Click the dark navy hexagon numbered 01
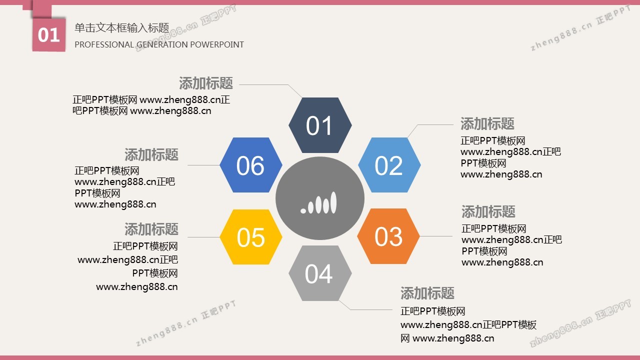(x=320, y=125)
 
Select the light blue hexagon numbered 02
(x=389, y=165)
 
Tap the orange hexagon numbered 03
(x=388, y=236)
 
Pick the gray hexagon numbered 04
(x=320, y=273)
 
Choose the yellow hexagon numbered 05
(x=251, y=237)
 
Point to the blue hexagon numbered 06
(x=251, y=165)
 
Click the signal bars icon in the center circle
(x=318, y=203)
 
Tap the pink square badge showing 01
(x=49, y=35)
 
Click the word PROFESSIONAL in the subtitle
(x=104, y=45)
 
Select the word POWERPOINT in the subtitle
(x=217, y=45)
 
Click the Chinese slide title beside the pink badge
(x=122, y=28)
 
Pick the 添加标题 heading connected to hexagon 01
(x=206, y=83)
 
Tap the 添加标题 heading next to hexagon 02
(x=487, y=123)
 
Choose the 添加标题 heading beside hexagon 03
(x=488, y=211)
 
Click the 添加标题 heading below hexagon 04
(x=427, y=293)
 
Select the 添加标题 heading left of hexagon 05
(x=151, y=229)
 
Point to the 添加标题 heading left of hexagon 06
(x=151, y=154)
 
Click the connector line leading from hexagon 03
(x=436, y=236)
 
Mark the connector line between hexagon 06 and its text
(x=203, y=165)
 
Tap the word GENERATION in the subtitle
(x=161, y=45)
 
